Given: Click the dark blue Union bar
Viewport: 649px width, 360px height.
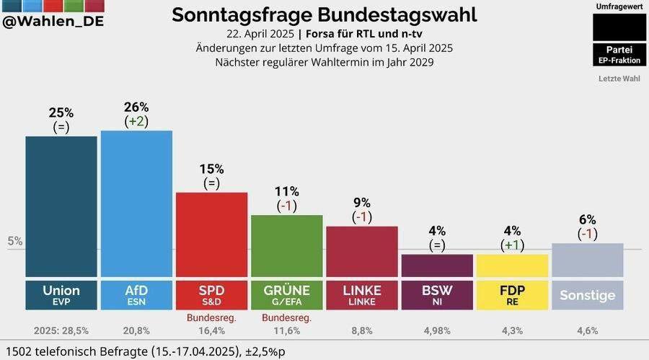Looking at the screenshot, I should coord(61,206).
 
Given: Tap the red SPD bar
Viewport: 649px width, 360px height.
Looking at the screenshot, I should coord(211,234).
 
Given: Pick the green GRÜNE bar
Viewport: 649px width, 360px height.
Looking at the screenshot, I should coord(286,246).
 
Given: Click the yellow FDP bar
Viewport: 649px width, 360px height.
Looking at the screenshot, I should coord(512,265).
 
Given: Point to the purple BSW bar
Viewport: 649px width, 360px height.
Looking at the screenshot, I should coord(437,265).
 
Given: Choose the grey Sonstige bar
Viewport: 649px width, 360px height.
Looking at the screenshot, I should coord(587,260).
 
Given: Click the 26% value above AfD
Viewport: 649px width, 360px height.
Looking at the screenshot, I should coord(136,107).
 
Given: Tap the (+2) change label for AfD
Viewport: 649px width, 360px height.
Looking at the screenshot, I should coord(136,121).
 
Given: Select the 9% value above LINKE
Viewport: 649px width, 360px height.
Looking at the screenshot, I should coord(361,203).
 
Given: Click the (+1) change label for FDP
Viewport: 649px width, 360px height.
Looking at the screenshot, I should coord(512,245).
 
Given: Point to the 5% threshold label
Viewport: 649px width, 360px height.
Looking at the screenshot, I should coord(15,241).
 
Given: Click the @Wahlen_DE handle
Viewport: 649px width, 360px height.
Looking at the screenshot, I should coord(53,22).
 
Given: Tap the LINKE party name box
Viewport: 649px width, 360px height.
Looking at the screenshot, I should coord(361,294).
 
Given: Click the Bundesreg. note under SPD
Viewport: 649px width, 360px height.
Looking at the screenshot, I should coord(211,317).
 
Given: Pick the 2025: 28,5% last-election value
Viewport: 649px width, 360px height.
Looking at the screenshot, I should coord(61,331).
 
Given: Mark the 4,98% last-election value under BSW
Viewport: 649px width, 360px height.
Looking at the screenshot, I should coord(437,331).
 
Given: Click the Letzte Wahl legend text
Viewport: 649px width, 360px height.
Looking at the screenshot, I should coord(619,78).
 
